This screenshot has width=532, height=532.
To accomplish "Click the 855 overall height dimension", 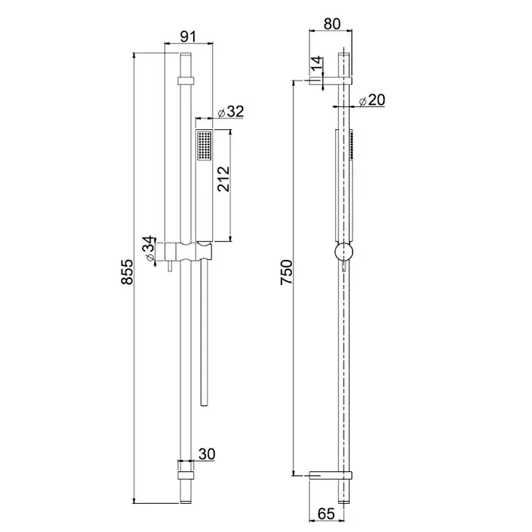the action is coord(127,271).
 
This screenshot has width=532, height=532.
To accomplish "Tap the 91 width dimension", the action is coord(188,36).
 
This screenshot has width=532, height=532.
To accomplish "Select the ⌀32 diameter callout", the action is coord(231,111).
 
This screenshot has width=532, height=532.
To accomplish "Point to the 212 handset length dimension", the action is coord(223,179).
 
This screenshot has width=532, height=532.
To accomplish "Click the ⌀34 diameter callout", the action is coord(148,249).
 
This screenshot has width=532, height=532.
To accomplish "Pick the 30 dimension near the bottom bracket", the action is coord(207,454).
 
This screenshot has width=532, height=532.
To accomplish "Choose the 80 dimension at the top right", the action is coord(332,24).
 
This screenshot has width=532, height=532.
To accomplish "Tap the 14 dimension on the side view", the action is coord(316,64).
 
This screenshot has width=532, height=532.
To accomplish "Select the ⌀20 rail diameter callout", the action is coord(372,100).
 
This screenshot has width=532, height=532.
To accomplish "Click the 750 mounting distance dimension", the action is coord(287,272).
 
